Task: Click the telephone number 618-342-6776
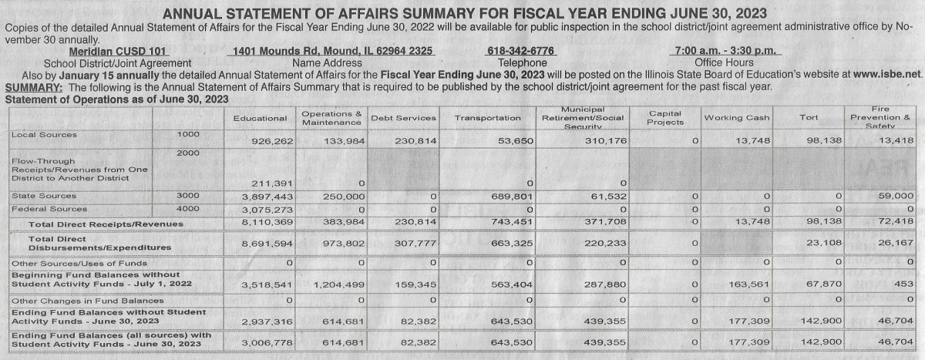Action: coord(520,51)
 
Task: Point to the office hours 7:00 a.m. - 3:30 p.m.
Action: coord(728,51)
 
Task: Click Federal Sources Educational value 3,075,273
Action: coord(264,210)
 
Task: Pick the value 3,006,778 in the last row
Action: coord(264,342)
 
